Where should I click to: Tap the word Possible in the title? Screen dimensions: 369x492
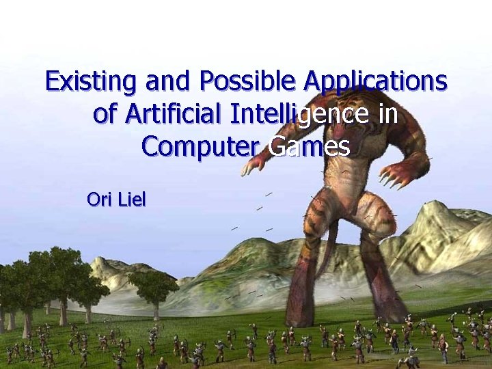click(x=249, y=81)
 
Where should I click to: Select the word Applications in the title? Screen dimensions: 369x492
click(x=376, y=81)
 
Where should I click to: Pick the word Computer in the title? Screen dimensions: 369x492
click(x=201, y=146)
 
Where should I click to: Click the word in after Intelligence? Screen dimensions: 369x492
click(x=387, y=113)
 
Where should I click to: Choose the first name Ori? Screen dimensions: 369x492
click(x=100, y=200)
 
